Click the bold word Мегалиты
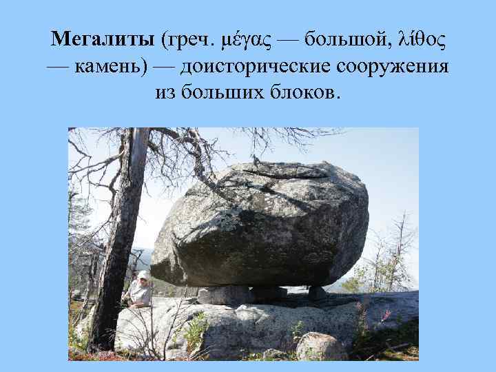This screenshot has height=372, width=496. point(103,39)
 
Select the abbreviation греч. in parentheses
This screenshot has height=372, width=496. point(189,40)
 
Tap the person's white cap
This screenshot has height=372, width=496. point(143,274)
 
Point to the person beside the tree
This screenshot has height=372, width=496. point(141,289)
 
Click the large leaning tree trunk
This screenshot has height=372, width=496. point(118,241)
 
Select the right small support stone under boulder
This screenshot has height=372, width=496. point(317,292)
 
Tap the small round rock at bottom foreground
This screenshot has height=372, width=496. point(320,346)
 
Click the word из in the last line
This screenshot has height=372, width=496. point(165,93)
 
